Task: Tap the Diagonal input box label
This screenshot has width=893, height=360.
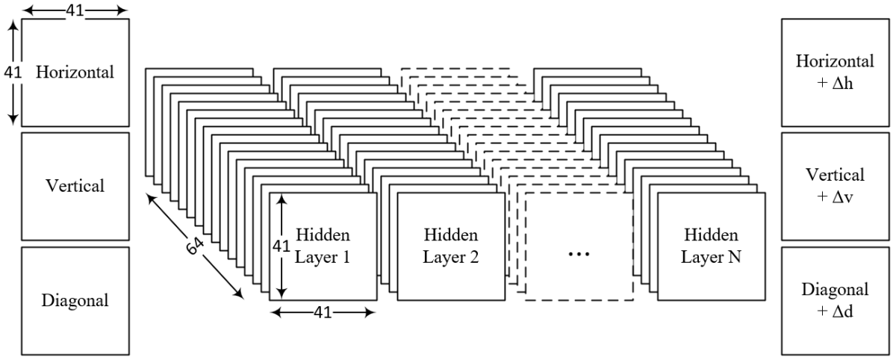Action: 76,301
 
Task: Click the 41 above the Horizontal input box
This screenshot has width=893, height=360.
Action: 75,9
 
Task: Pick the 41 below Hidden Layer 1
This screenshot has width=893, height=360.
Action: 323,313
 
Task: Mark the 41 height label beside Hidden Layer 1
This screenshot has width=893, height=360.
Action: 279,246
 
